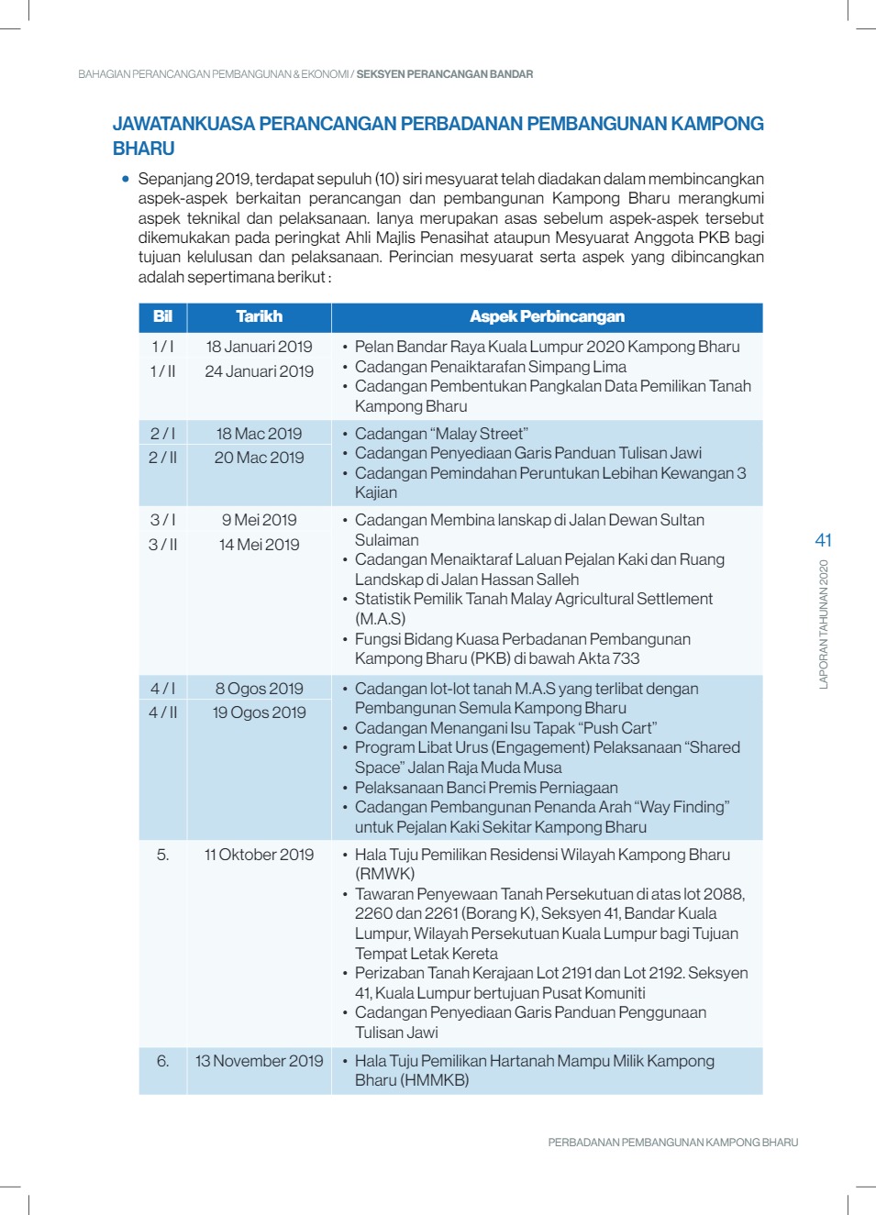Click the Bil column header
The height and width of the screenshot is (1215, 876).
tap(162, 316)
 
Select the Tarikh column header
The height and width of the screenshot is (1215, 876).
tap(259, 316)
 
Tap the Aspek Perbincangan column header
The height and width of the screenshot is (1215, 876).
tap(547, 316)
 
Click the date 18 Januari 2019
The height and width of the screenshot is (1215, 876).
tap(259, 347)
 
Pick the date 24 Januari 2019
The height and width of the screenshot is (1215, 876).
tap(259, 371)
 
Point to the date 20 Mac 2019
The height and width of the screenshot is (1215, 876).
tap(259, 458)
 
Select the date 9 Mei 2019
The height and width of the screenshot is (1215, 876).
tap(259, 520)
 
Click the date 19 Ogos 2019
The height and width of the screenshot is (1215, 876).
tap(259, 712)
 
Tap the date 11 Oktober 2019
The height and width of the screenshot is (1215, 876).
tap(259, 855)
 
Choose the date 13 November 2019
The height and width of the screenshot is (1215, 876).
tap(259, 1061)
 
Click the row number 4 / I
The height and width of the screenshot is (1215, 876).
tap(162, 689)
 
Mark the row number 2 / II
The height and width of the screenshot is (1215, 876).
tap(162, 458)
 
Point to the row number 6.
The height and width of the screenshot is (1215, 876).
tap(162, 1061)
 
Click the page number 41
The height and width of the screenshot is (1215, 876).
tap(823, 540)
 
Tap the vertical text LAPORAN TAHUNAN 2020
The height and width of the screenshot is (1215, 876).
tap(823, 624)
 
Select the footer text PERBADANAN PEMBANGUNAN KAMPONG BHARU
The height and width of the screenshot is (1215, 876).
tap(672, 1143)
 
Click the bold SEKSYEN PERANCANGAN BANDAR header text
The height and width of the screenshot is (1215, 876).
tap(444, 74)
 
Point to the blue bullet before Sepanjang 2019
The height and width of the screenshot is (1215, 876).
tap(126, 179)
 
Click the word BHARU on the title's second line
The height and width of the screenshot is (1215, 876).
tap(143, 149)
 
